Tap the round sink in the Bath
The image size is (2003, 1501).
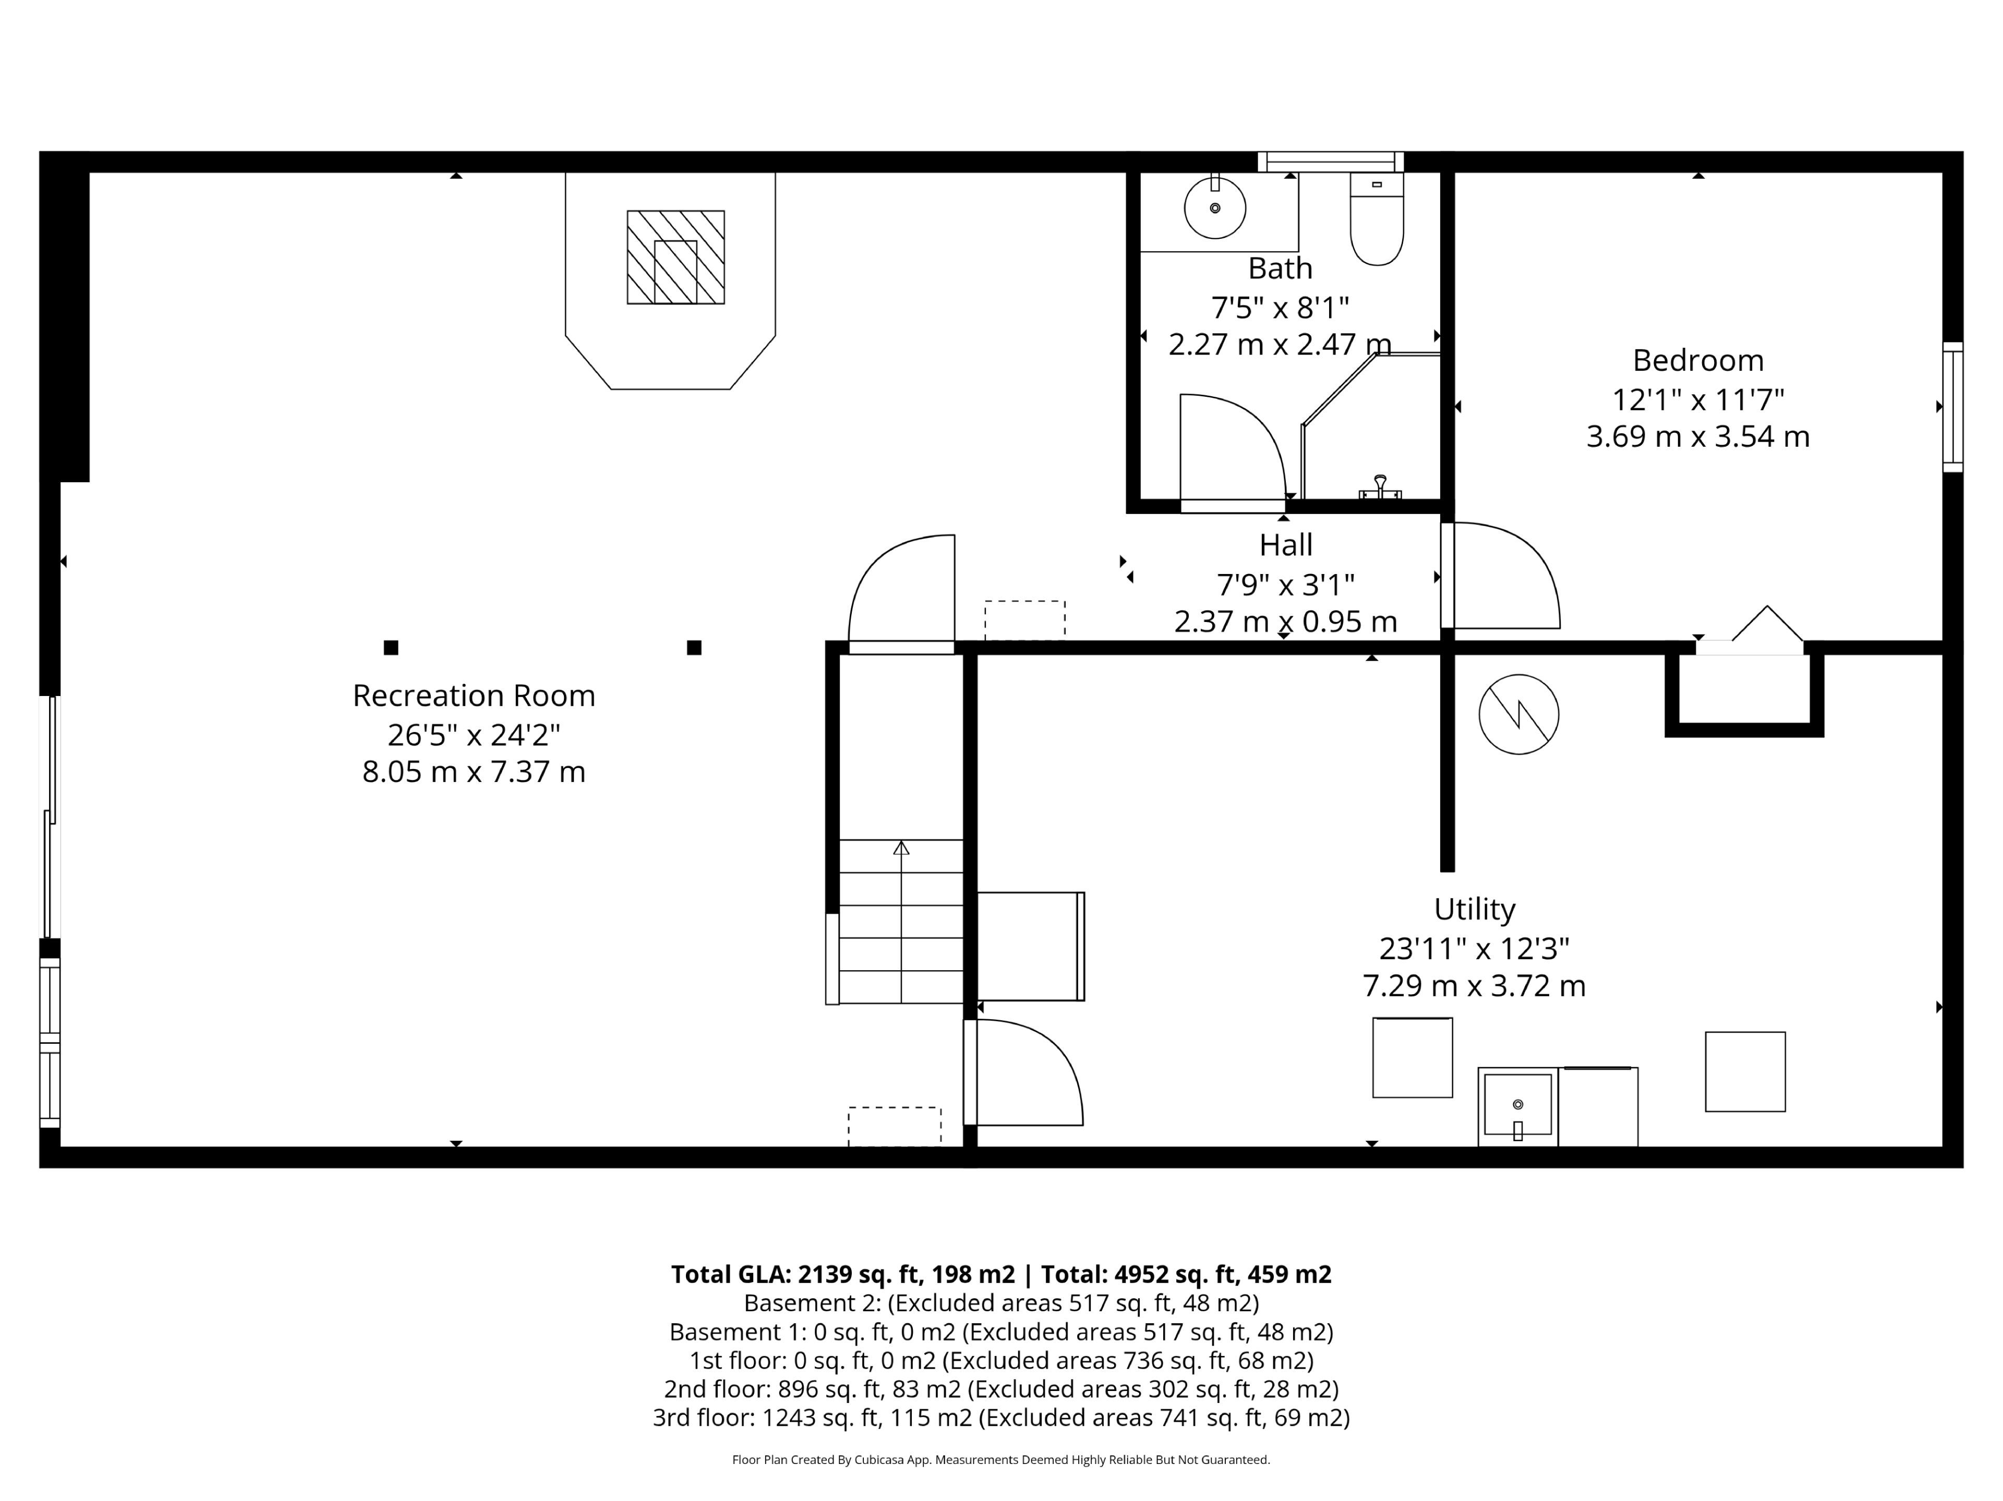(x=1215, y=208)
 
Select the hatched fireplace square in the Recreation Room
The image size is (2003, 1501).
(x=675, y=257)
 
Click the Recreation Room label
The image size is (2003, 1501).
(x=474, y=695)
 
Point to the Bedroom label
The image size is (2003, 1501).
(x=1698, y=360)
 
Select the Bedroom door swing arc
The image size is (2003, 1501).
(x=1530, y=552)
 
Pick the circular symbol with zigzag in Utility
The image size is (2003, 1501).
(x=1518, y=714)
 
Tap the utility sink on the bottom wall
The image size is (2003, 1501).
(x=1518, y=1106)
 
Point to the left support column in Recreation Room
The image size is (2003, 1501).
(x=391, y=648)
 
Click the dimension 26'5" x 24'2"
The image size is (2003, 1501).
(x=474, y=734)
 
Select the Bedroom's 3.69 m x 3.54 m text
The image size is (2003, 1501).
(x=1698, y=436)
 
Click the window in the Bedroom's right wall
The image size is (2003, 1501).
(x=1953, y=407)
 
